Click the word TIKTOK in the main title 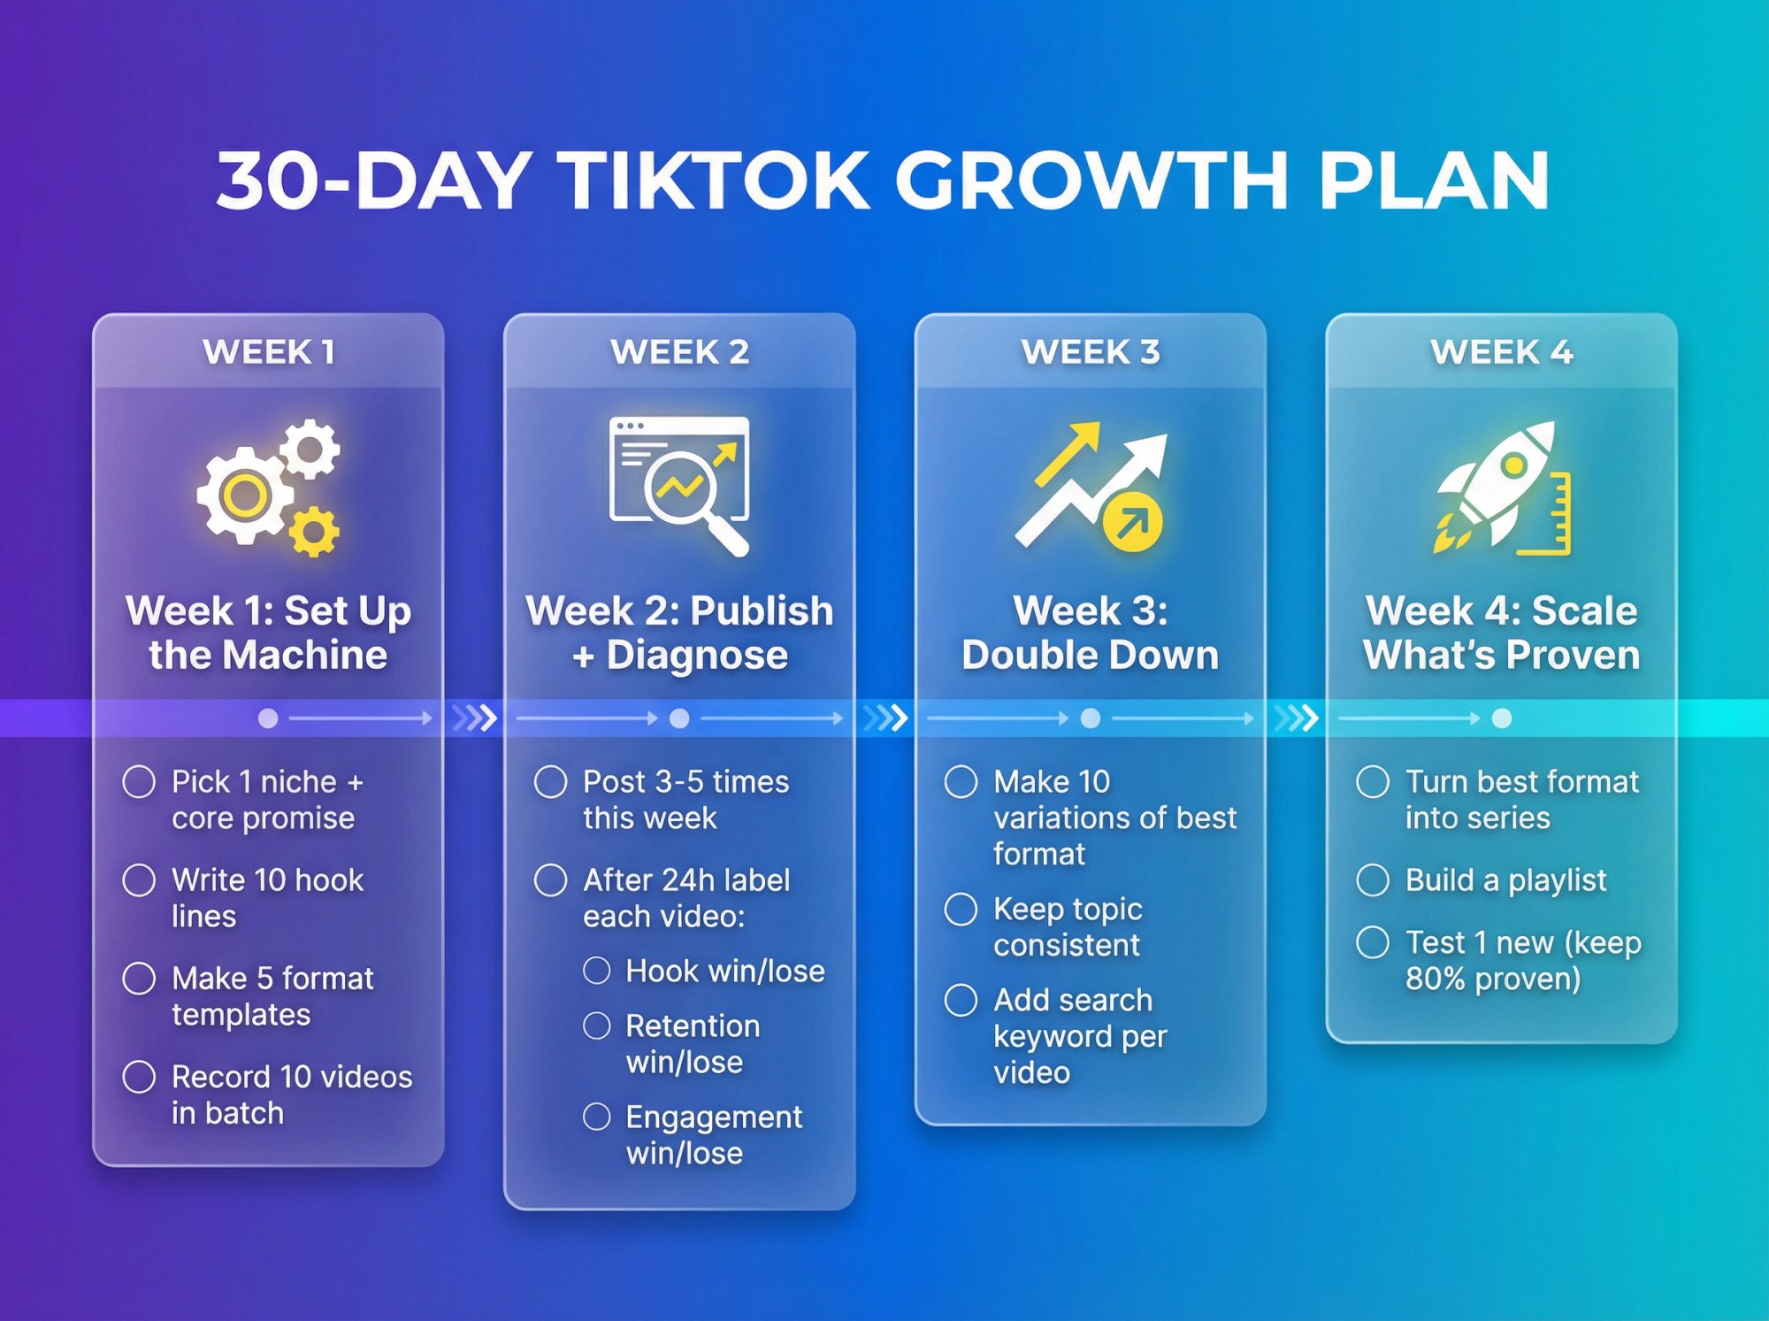click(716, 180)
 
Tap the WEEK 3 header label click(1090, 352)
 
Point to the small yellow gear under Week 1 click(313, 532)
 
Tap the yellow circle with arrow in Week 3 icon click(1132, 523)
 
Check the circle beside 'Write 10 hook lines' click(139, 880)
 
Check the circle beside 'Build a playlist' click(1373, 880)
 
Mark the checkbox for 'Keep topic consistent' click(961, 909)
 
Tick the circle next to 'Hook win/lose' click(597, 971)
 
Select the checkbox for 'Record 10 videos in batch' click(139, 1077)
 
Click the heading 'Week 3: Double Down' click(1090, 633)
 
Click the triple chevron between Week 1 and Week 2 click(474, 718)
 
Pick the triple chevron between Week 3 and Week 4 click(1296, 718)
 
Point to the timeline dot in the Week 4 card click(1501, 718)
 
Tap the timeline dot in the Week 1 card click(268, 718)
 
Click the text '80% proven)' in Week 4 click(1492, 979)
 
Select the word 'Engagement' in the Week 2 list click(713, 1117)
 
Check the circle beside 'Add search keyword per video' click(961, 1000)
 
